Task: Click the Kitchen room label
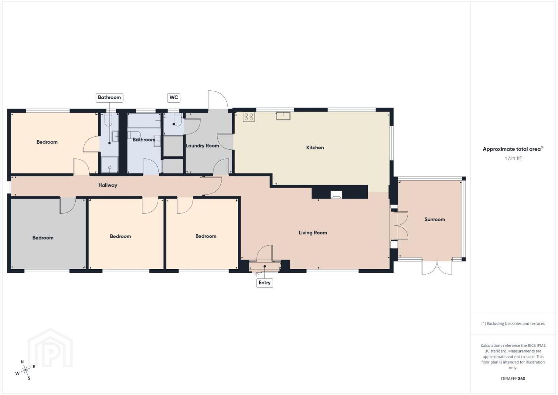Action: [x=315, y=147]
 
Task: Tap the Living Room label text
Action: [x=313, y=233]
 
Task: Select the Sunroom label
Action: [x=435, y=219]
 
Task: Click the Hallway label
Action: [x=108, y=185]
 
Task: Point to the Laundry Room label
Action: [x=202, y=146]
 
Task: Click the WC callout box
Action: [x=174, y=97]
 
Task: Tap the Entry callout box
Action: [x=264, y=283]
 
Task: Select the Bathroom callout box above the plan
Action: [x=109, y=97]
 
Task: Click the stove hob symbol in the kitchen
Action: [x=249, y=117]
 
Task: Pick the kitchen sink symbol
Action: [x=283, y=116]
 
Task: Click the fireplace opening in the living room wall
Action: [x=336, y=195]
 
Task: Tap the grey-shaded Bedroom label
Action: [x=43, y=238]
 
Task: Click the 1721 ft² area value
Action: [x=513, y=158]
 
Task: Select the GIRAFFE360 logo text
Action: [x=513, y=379]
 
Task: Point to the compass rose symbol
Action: [x=25, y=370]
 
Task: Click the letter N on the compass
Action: [x=22, y=362]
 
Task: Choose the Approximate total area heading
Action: [x=513, y=149]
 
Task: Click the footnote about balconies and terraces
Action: [x=513, y=323]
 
